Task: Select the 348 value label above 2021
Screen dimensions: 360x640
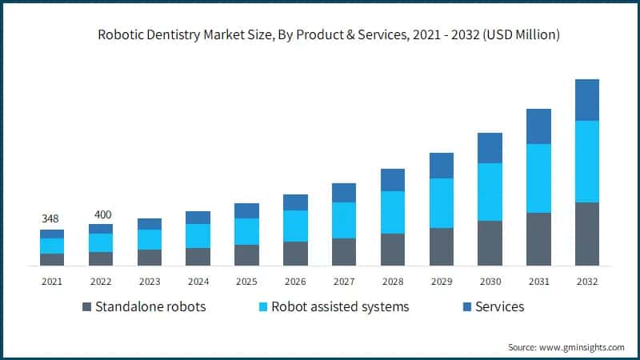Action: tap(51, 218)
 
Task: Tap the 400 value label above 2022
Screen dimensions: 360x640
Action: tap(101, 214)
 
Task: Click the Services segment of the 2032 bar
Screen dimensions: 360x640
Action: tap(586, 100)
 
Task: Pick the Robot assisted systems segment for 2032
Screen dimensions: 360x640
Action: tap(586, 162)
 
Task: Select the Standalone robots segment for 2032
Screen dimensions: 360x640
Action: tap(586, 234)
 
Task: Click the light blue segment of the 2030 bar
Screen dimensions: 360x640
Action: tap(490, 192)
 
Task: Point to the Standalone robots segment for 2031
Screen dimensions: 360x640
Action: tap(538, 239)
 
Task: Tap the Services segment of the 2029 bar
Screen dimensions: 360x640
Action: tap(441, 166)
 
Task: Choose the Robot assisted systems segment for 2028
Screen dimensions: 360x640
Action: tap(392, 212)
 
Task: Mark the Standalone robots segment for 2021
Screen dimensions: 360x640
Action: tap(52, 259)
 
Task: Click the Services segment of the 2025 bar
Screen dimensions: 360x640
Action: tap(246, 210)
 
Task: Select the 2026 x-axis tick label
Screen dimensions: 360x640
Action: tap(295, 282)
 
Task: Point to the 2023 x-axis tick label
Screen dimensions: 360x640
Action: tap(150, 282)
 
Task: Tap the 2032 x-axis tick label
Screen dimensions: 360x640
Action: tap(586, 282)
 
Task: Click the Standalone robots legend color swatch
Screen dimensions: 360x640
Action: tap(86, 307)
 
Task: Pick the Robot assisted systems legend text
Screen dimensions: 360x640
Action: tap(340, 306)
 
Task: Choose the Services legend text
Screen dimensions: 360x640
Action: tap(500, 306)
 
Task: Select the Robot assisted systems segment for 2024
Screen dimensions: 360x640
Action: tap(198, 236)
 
